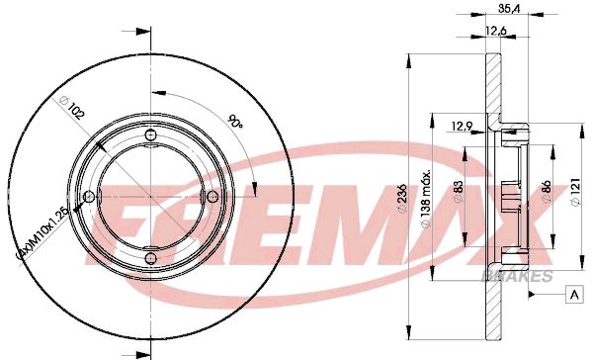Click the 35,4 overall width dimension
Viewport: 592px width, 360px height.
(510, 13)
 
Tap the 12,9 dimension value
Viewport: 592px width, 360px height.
(462, 125)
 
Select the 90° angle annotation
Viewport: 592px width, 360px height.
(235, 123)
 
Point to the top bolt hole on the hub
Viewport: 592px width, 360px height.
(149, 135)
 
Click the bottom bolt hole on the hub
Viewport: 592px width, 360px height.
(149, 259)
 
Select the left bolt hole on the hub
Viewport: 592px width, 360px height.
(88, 197)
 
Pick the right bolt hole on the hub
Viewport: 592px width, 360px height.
(211, 197)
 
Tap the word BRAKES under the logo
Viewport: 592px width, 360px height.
(513, 274)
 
